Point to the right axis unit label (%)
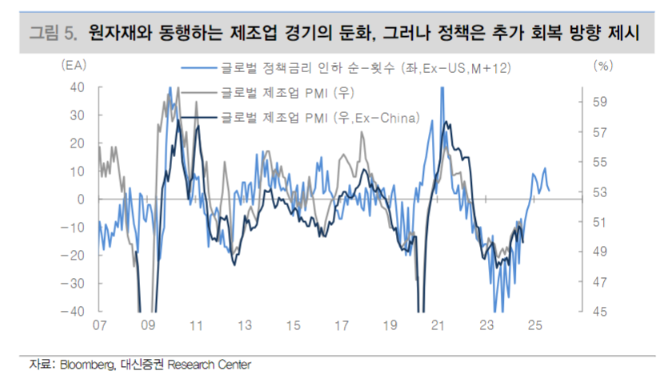[x=602, y=67]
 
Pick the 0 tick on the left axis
[x=82, y=199]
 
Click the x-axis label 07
[x=99, y=326]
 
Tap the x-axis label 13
[x=245, y=326]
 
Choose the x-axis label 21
[x=438, y=326]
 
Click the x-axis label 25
[x=534, y=326]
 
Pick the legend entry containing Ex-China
[x=320, y=119]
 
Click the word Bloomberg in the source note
[x=86, y=365]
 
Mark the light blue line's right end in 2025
[x=549, y=190]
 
